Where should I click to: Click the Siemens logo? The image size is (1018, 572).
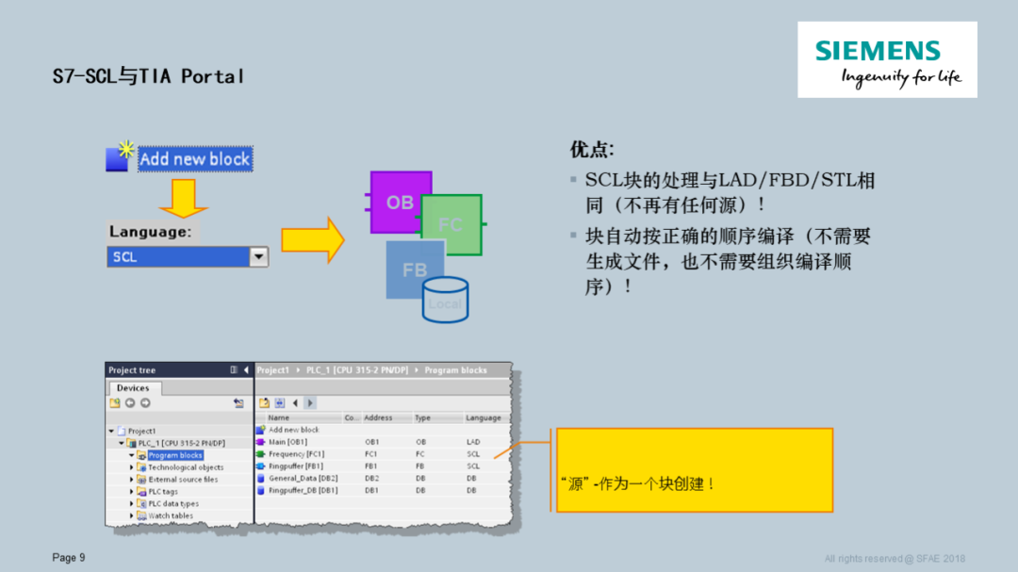point(887,59)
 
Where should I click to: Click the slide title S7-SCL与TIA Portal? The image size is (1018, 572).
point(148,76)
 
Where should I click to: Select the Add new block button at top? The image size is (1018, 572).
point(194,158)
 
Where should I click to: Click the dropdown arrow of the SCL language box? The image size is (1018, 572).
point(258,256)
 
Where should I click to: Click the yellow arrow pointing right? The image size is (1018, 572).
point(313,240)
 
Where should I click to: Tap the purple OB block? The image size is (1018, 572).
point(400,202)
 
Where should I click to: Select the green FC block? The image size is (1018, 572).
point(452,225)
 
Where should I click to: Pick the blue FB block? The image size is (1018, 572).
point(415,270)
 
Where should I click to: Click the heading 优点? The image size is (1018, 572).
point(592,149)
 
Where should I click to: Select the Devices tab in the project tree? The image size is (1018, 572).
point(133,387)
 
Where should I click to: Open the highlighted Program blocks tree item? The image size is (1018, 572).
point(175,455)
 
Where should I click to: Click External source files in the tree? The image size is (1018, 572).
point(183,479)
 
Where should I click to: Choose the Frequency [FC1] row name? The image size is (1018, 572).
point(296,453)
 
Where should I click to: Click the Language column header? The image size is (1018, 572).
point(484,417)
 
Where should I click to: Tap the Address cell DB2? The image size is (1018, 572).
point(374,478)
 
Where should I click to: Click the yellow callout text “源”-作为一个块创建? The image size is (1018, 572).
point(638,483)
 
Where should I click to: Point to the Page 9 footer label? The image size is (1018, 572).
point(69,558)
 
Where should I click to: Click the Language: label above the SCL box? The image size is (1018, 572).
point(150,232)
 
